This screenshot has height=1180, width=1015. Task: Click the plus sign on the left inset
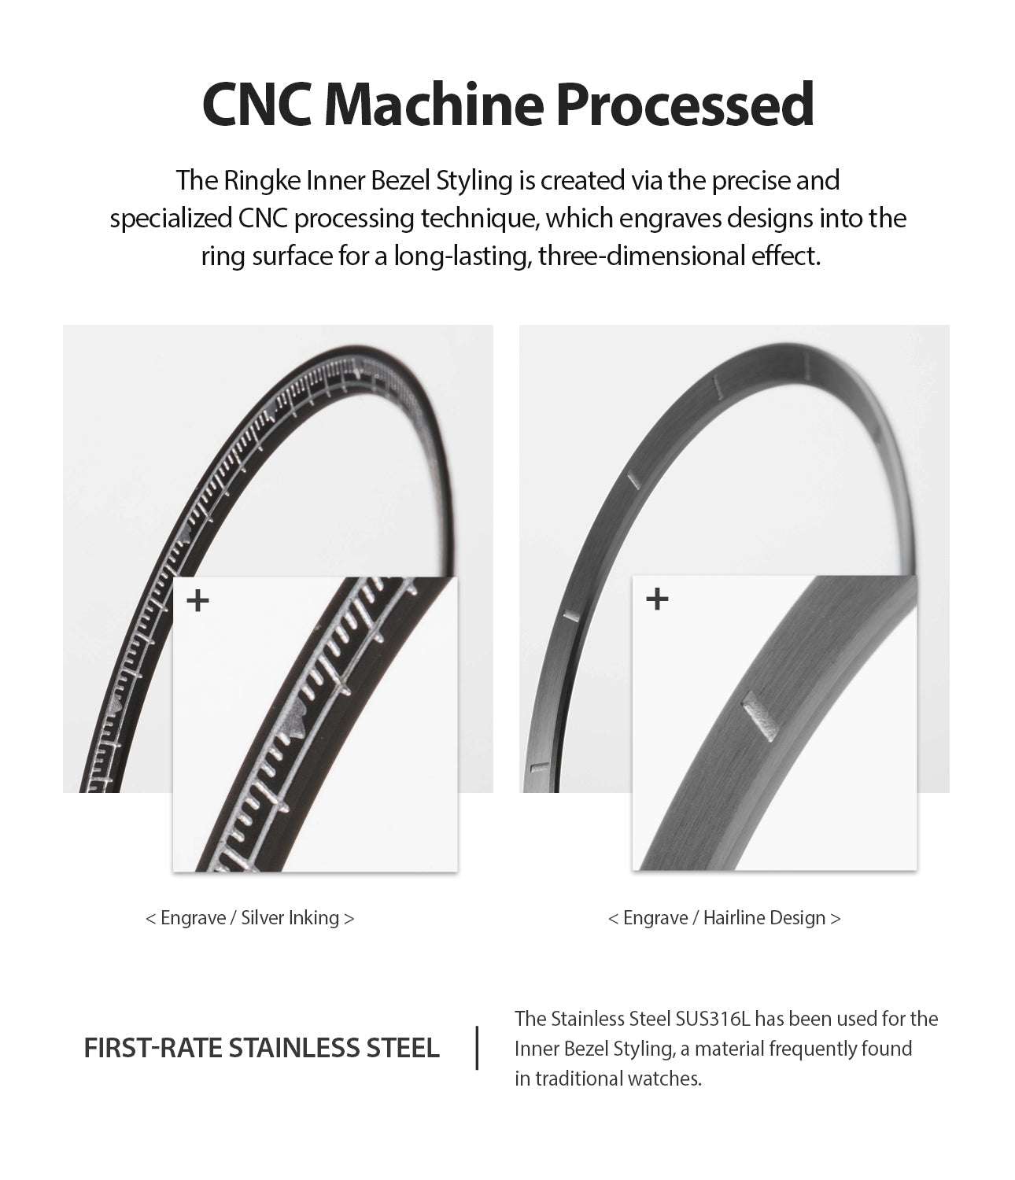198,602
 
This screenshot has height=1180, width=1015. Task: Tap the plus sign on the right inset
657,599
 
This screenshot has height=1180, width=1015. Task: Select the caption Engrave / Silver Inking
250,918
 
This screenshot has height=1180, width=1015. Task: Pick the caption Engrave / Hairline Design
724,918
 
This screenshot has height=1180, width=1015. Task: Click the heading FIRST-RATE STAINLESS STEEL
261,1049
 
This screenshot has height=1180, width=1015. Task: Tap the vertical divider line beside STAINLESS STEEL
478,1048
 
